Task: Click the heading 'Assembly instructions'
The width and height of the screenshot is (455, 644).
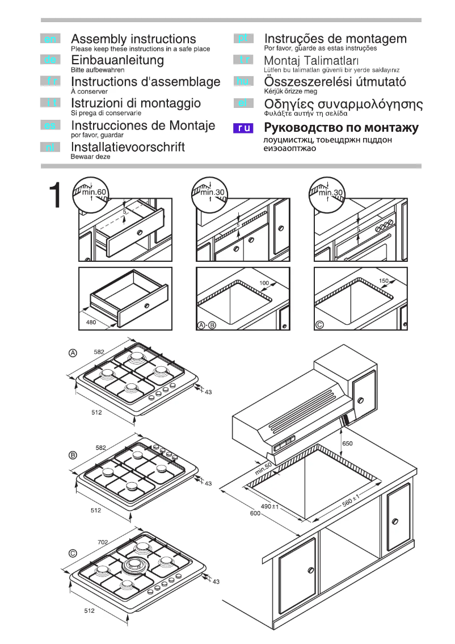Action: pyautogui.click(x=133, y=39)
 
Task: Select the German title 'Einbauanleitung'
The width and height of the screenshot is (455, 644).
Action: pyautogui.click(x=117, y=60)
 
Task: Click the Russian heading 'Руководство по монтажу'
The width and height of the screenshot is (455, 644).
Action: pyautogui.click(x=342, y=128)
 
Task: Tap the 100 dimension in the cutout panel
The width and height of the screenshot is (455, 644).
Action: pyautogui.click(x=264, y=283)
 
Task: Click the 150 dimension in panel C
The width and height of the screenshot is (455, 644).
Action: pyautogui.click(x=384, y=281)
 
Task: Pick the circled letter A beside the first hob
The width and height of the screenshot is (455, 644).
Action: pyautogui.click(x=73, y=353)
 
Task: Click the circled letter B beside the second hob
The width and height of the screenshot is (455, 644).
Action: pyautogui.click(x=73, y=455)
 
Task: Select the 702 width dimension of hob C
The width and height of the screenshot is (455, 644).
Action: pyautogui.click(x=103, y=543)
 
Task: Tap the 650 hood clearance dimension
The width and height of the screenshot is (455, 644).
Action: pyautogui.click(x=347, y=444)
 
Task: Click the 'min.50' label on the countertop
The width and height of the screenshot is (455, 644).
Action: pyautogui.click(x=264, y=469)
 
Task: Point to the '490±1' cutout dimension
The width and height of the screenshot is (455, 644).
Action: pyautogui.click(x=269, y=506)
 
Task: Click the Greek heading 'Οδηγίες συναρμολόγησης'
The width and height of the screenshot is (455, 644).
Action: pyautogui.click(x=343, y=104)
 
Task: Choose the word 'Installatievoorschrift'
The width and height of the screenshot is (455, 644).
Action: pyautogui.click(x=128, y=147)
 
